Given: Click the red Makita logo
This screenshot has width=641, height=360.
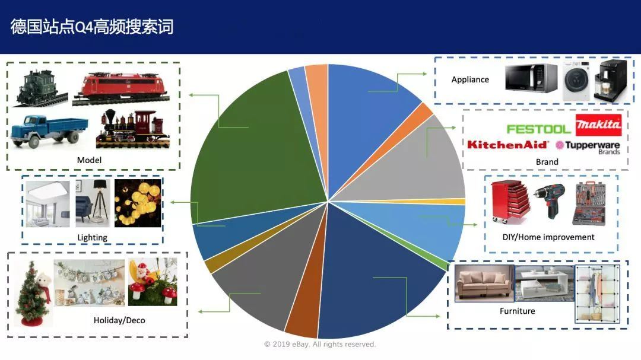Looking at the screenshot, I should tap(598, 125).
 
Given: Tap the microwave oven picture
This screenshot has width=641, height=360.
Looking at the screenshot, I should tap(531, 78).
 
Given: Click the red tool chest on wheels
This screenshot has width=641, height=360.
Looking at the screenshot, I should tap(509, 202).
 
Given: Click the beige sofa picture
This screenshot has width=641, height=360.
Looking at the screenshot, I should tap(483, 283).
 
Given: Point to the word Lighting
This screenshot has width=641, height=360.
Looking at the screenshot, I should tap(92, 237).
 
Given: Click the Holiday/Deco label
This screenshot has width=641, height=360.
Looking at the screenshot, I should tap(119, 320).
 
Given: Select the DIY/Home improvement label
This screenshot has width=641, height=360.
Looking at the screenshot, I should tap(548, 237).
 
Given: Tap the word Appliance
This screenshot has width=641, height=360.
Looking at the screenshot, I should tap(470, 79).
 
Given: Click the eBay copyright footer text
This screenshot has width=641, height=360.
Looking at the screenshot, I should tap(320, 345).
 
